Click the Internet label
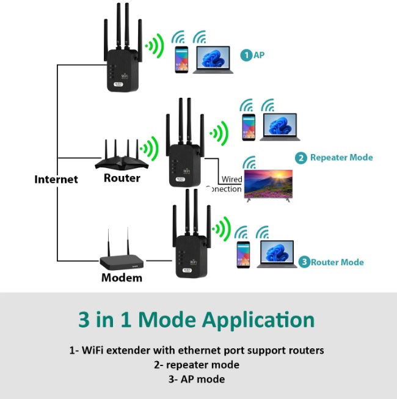coord(56,179)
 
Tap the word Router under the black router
coord(122,178)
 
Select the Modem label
coord(122,277)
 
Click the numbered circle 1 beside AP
coord(246,55)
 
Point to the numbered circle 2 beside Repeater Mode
coord(301,158)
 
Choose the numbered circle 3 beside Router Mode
coord(304,262)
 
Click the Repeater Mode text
coord(341,158)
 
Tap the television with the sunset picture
coord(268,185)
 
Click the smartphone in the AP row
coord(181,60)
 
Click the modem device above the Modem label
coord(122,261)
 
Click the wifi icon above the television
coord(249,163)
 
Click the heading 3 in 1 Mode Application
coord(196,320)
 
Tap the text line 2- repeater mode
coord(196,365)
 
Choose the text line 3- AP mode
coord(196,379)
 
